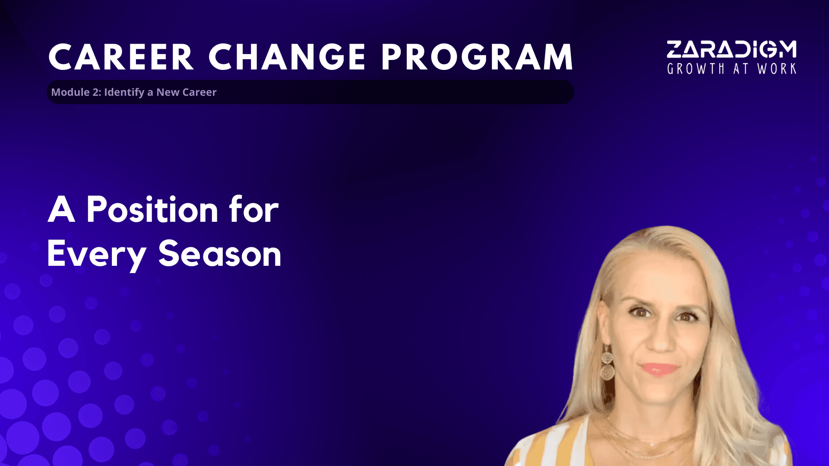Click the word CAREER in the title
click(121, 57)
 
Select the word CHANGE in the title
click(288, 57)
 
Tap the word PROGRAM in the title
click(477, 57)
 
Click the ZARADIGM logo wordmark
click(731, 49)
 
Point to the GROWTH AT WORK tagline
click(731, 69)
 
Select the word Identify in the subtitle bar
click(124, 92)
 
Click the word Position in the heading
click(152, 209)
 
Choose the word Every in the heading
click(96, 255)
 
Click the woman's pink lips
click(659, 369)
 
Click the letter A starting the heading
click(61, 209)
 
